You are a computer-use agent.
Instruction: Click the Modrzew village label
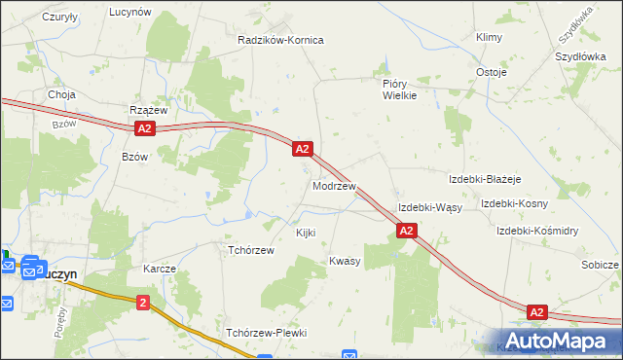pos(334,185)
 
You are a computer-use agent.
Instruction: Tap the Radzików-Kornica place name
pos(280,40)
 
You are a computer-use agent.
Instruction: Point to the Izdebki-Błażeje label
pos(485,180)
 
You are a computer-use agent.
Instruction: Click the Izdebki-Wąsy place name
pos(429,208)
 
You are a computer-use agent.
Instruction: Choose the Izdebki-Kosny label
pos(514,203)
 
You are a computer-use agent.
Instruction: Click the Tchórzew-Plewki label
pos(266,333)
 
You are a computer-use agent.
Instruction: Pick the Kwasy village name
pos(345,261)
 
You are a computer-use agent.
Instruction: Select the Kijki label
pos(306,234)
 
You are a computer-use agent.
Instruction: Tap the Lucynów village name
pos(129,12)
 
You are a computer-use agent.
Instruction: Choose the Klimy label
pos(488,37)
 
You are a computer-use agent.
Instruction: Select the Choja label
pos(61,95)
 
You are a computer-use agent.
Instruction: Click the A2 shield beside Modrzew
pos(303,149)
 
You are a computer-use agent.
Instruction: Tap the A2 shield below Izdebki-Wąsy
pos(407,231)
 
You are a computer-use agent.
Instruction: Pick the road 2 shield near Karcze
pos(144,304)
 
